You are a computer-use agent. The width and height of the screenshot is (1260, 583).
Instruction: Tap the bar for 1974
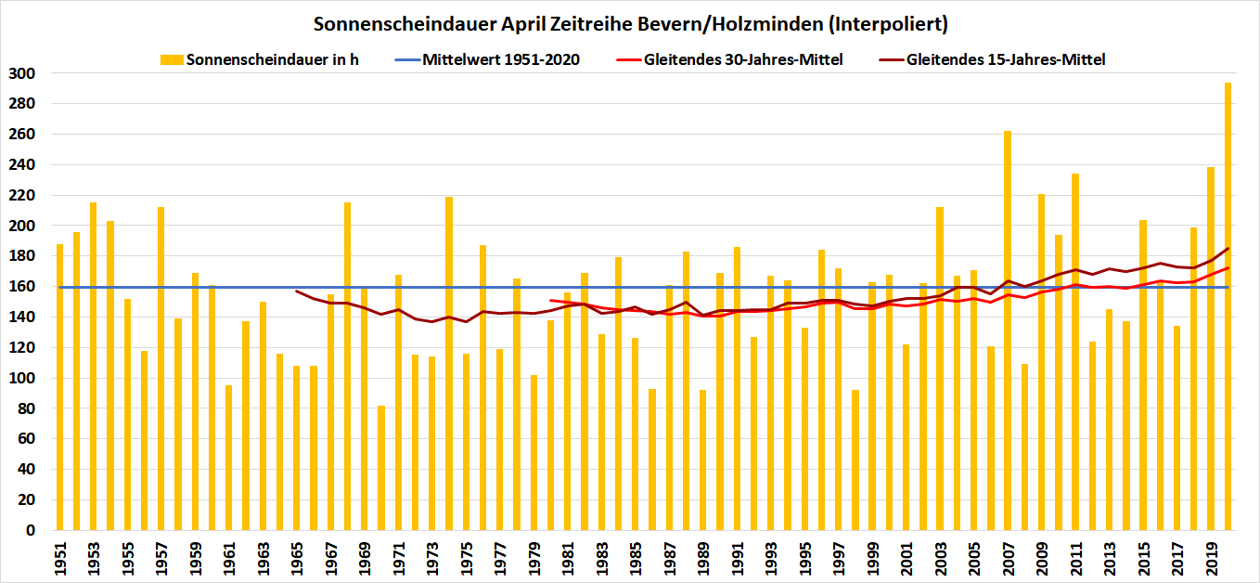[x=449, y=363]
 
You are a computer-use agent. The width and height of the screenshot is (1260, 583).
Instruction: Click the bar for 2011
[x=1075, y=352]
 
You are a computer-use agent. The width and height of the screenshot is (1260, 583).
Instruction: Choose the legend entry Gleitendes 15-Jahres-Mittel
[x=1006, y=59]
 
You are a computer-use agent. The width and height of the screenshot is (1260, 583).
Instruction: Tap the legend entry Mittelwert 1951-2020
[x=500, y=59]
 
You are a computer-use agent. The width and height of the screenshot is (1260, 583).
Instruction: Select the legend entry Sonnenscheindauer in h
[x=273, y=59]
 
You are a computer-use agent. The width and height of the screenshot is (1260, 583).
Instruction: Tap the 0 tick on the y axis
[x=29, y=531]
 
